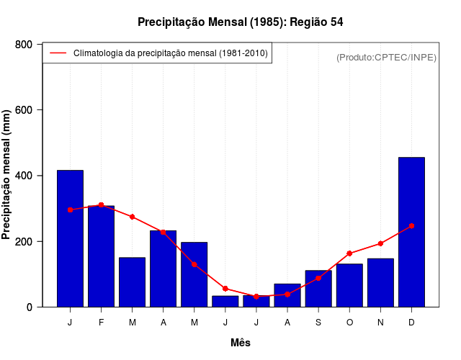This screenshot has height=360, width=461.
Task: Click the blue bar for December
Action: click(x=411, y=232)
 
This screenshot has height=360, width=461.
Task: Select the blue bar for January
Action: click(x=70, y=238)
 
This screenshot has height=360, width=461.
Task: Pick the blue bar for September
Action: click(x=318, y=289)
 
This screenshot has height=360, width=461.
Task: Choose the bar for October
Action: click(x=349, y=285)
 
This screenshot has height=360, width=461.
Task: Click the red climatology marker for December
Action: click(x=411, y=225)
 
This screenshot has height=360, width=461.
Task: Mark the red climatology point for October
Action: click(x=349, y=253)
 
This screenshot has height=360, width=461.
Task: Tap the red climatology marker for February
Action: click(x=101, y=205)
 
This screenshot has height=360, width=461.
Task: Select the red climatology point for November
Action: click(x=380, y=243)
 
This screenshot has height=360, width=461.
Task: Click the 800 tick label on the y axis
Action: click(x=24, y=45)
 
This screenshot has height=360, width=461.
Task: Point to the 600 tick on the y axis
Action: click(x=24, y=110)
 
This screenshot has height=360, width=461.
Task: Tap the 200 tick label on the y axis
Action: click(x=24, y=241)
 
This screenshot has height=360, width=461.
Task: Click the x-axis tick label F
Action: click(x=101, y=323)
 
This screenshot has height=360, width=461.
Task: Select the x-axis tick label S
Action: click(x=318, y=323)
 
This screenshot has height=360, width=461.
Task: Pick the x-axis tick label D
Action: click(x=411, y=323)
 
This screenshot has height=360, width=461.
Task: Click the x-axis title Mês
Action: click(x=241, y=343)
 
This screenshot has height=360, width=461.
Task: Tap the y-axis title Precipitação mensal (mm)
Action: click(x=7, y=175)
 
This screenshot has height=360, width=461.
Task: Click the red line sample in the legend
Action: click(x=58, y=53)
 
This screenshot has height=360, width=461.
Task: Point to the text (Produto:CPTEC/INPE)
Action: click(x=386, y=57)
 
